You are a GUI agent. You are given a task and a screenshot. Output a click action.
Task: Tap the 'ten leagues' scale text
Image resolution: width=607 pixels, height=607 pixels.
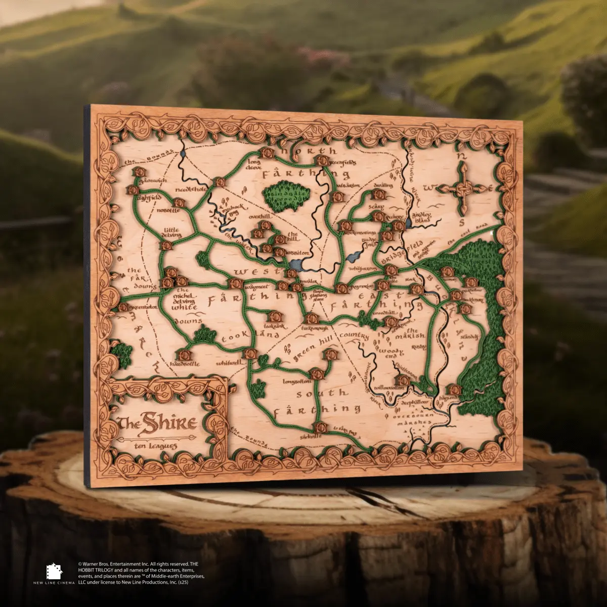click(x=156, y=446)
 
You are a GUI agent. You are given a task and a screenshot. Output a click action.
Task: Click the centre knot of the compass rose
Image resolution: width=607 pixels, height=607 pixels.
click(x=461, y=191)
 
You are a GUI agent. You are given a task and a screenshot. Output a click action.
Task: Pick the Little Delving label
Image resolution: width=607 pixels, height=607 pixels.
click(x=171, y=232)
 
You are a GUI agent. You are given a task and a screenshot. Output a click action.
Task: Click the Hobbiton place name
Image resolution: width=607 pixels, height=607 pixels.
click(x=297, y=252)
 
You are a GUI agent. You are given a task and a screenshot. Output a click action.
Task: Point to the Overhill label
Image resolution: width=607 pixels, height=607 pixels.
click(x=260, y=216)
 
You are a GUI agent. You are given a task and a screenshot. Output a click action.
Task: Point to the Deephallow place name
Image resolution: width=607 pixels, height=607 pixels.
click(x=415, y=401)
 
